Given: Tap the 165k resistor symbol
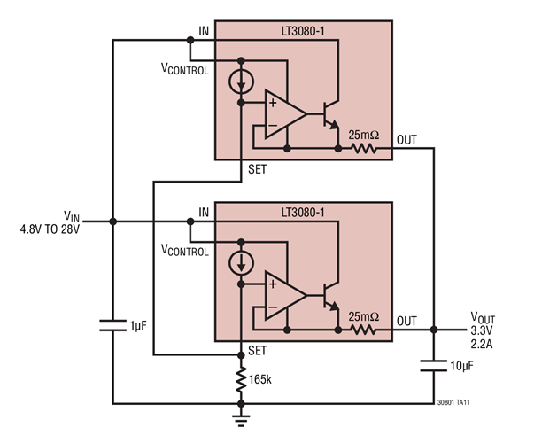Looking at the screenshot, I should (242, 379).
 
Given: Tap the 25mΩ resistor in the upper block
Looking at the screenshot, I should (364, 150).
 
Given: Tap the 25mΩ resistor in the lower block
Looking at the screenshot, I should (364, 330).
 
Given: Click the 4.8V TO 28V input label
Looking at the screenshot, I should (50, 229).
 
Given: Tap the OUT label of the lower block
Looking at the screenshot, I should (406, 320).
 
